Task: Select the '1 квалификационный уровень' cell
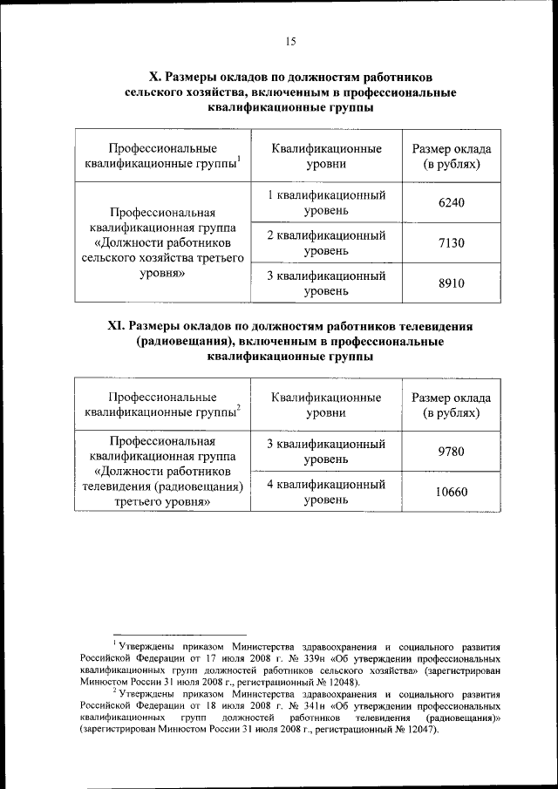326,202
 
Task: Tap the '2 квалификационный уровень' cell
326,243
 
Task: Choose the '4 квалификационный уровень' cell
326,492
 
